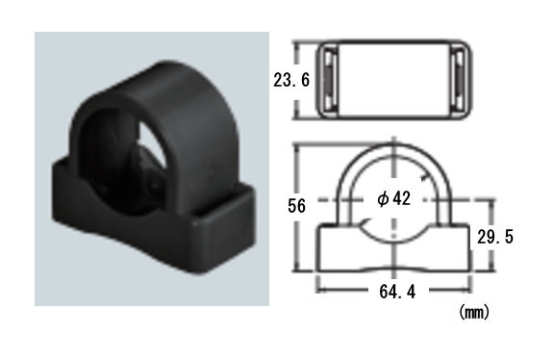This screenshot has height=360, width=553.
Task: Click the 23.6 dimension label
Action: pos(291,80)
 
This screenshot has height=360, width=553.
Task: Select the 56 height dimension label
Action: pos(296,206)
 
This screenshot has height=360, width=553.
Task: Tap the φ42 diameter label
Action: pos(394,199)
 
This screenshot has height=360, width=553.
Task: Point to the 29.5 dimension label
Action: pos(495,237)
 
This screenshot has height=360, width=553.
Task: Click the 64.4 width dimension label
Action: pos(397,292)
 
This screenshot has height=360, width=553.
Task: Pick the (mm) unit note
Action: pos(474,312)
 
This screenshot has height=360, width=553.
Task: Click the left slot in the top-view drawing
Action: pos(328,80)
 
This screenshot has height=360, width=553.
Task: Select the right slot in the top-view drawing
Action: pos(460,80)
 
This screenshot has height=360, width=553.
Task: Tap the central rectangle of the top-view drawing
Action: pos(393,79)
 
